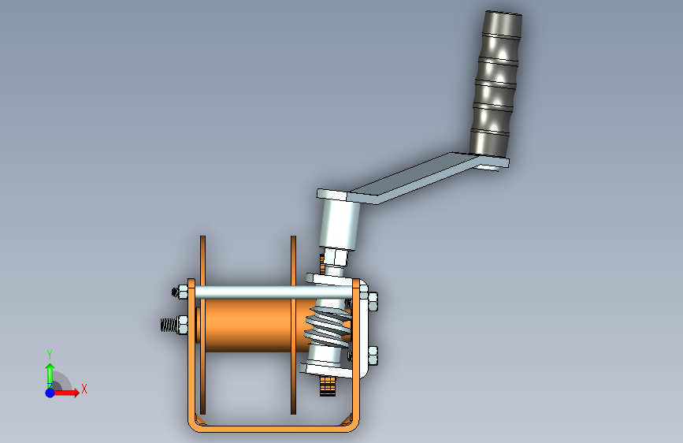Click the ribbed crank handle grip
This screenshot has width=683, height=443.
tap(494, 83)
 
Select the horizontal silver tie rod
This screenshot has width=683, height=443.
tap(268, 292)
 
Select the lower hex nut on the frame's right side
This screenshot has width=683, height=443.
tap(372, 356)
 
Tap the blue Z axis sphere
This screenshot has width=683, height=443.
tap(50, 392)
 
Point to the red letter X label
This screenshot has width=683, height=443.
tap(84, 389)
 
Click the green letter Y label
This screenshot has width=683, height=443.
tap(49, 354)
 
